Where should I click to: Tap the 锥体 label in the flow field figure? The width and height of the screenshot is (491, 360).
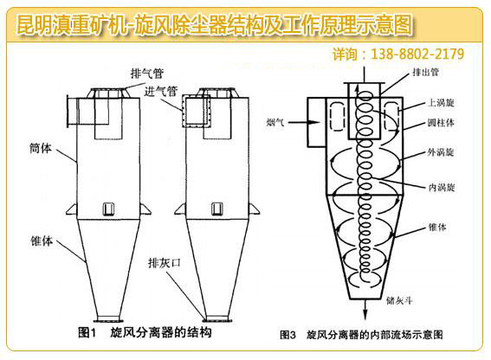[x=437, y=227]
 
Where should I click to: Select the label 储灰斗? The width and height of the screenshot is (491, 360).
[x=412, y=301]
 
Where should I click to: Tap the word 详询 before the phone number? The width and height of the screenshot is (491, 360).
[x=346, y=54]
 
